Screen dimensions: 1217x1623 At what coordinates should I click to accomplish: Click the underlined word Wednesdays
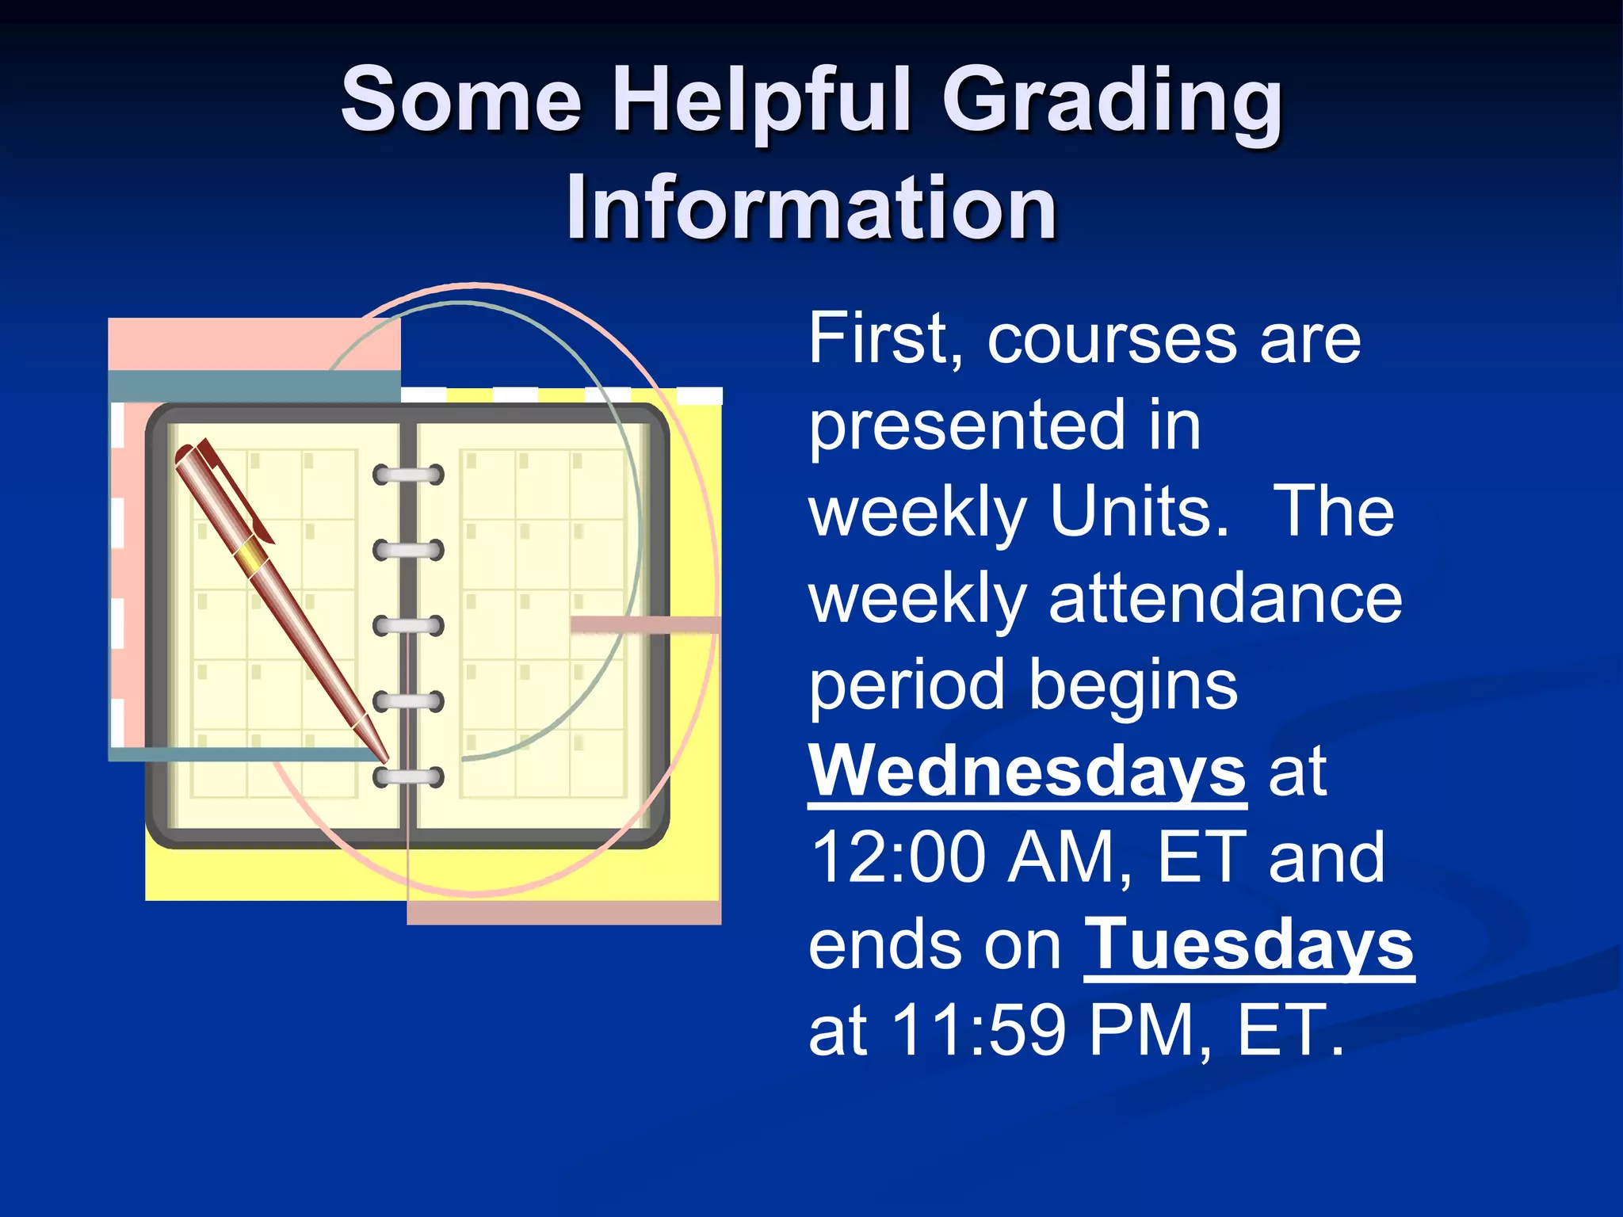pos(1027,770)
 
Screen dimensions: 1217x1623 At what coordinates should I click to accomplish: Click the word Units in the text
pos(1138,512)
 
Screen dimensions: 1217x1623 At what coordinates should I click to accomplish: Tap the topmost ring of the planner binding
pos(408,475)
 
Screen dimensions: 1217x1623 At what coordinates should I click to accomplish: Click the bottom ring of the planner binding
pos(408,777)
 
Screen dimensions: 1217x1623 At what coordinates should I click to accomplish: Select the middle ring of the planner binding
pos(408,626)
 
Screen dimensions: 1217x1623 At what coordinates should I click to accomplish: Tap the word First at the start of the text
pos(886,340)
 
